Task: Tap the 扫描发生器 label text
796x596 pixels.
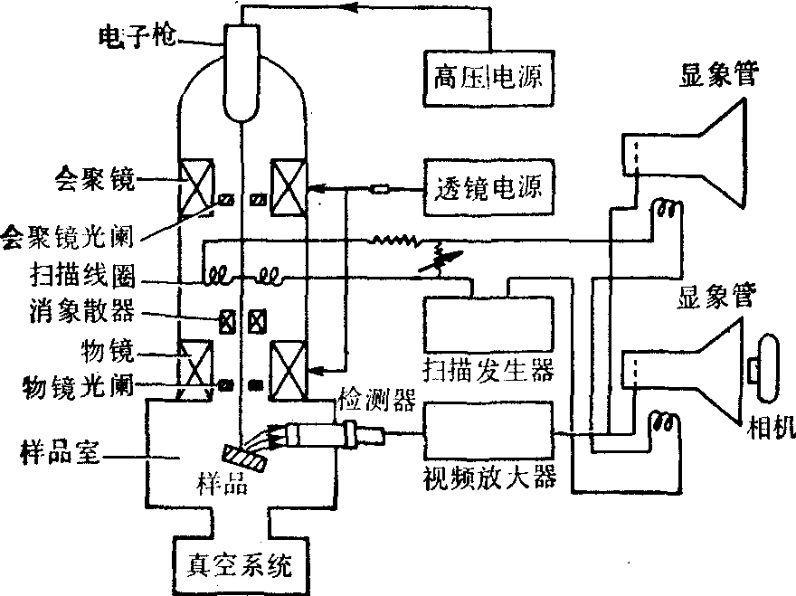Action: point(487,369)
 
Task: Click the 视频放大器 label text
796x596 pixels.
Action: point(488,476)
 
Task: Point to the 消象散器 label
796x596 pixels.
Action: point(81,312)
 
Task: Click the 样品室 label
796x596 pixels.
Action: point(58,448)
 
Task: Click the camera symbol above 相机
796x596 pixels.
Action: point(768,366)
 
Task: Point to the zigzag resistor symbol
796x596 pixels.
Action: point(394,241)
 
